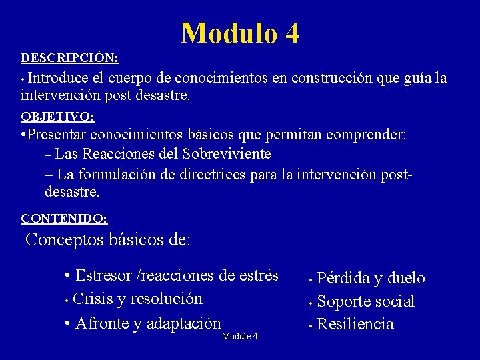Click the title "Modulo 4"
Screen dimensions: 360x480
click(240, 33)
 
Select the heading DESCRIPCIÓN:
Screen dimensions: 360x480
click(69, 58)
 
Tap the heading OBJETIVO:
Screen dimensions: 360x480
click(57, 117)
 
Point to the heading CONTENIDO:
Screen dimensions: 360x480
click(64, 218)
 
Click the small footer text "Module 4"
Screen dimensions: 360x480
click(239, 336)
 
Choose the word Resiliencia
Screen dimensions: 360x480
click(355, 325)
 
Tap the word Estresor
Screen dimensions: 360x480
click(103, 275)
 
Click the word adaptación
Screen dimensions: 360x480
click(183, 323)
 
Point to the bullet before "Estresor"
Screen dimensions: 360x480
click(69, 276)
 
